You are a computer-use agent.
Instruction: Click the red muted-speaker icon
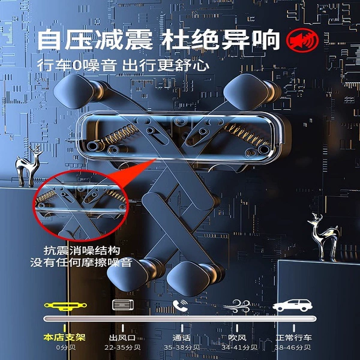point(302,40)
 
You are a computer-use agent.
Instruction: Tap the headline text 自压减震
point(95,40)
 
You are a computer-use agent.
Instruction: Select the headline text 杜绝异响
point(220,40)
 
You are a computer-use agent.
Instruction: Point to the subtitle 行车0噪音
point(77,65)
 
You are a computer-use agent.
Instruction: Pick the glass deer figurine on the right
point(324,236)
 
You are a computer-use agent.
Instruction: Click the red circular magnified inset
point(81,205)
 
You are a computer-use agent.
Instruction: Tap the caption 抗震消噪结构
point(82,250)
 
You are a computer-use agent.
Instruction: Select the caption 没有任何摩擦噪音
point(81,262)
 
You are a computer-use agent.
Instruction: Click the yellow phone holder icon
point(65,305)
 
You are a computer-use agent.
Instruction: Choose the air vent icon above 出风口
point(123,305)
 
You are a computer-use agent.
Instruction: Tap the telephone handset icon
point(180,305)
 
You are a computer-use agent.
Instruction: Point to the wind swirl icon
point(237,306)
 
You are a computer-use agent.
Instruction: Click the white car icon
point(293,305)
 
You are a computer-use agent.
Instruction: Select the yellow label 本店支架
point(65,337)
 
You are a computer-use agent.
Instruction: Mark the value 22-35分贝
point(122,347)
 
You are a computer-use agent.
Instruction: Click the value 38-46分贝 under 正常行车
point(293,347)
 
